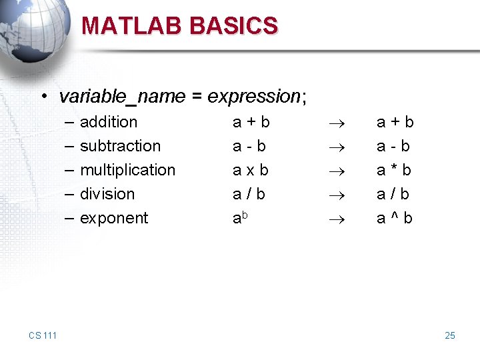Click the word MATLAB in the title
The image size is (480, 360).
pos(132,25)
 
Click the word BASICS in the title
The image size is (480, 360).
pos(233,25)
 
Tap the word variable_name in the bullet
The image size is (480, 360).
pos(121,97)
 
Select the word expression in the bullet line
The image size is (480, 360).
pos(254,97)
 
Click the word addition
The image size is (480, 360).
pos(109,122)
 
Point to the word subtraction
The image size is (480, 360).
pos(120,146)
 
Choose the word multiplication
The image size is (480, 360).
pos(127,170)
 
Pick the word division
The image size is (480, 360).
pos(107,194)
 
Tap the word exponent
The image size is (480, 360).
pos(114,218)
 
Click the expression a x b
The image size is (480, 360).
pos(251,170)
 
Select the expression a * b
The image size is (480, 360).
pos(395,170)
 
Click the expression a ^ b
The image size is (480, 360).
pos(395,218)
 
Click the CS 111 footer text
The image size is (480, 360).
pos(43,335)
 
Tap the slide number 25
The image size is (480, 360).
pos(450,335)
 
